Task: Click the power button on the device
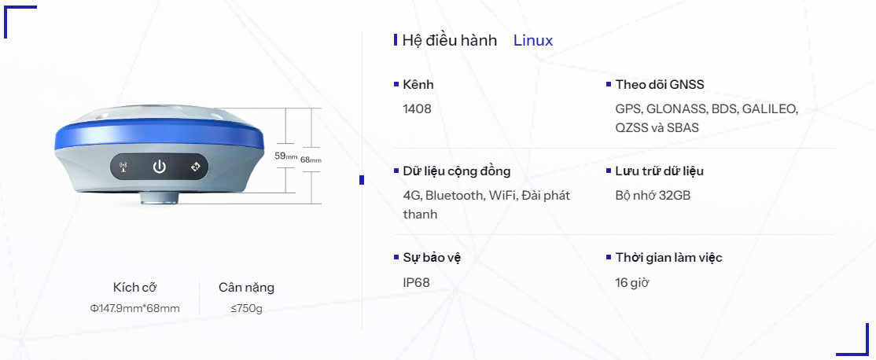(x=160, y=167)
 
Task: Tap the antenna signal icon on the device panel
(x=123, y=167)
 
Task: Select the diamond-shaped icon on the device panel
(x=196, y=167)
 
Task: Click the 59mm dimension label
(x=285, y=156)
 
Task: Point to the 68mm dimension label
(x=311, y=160)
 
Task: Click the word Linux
(x=533, y=40)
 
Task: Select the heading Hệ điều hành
(x=449, y=41)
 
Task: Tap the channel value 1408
(x=418, y=108)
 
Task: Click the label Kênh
(x=418, y=84)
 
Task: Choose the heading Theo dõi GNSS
(x=660, y=84)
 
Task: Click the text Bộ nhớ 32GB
(x=653, y=196)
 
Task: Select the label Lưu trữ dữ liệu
(x=659, y=171)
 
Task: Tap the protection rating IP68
(x=416, y=282)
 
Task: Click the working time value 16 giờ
(x=632, y=282)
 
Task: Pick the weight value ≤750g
(x=246, y=308)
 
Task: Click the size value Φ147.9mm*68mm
(x=135, y=308)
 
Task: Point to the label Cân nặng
(x=246, y=288)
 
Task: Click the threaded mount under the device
(x=159, y=197)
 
